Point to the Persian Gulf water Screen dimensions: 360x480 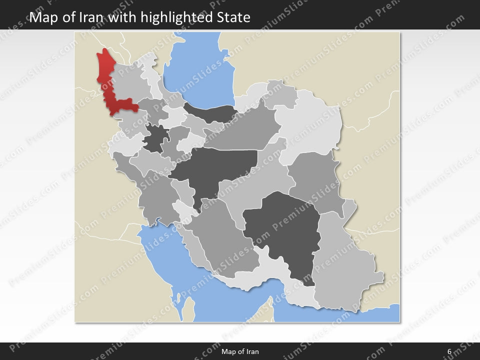coord(165,255)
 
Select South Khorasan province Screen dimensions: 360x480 coord(315,180)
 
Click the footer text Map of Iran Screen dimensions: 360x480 coord(240,351)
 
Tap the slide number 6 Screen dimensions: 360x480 coord(449,351)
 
